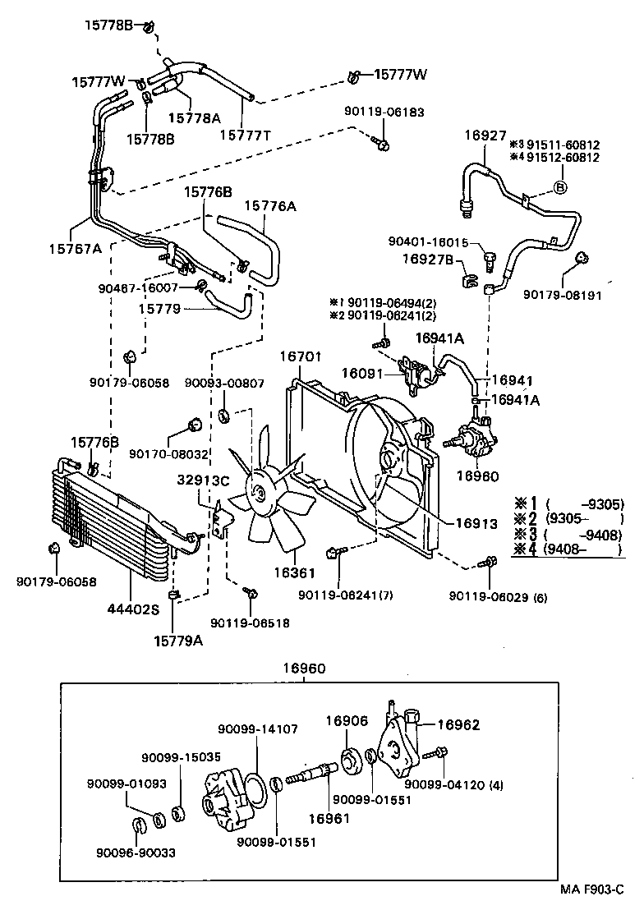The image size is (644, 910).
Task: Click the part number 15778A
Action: click(195, 117)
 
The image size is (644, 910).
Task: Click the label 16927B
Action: click(426, 260)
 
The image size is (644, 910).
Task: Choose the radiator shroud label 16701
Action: click(301, 356)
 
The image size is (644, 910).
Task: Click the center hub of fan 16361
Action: click(260, 493)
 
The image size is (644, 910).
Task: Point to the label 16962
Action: click(458, 724)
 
